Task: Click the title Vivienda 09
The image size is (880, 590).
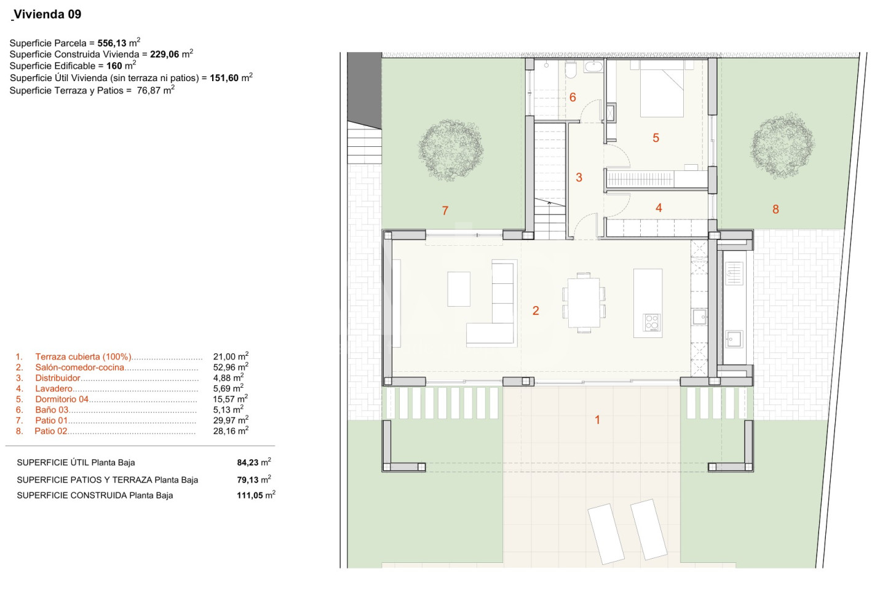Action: click(47, 15)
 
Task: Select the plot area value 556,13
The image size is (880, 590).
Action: click(112, 43)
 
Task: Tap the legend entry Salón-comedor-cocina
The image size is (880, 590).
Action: click(80, 368)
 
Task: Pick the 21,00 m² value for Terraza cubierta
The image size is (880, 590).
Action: click(231, 356)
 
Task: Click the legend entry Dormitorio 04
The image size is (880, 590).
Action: click(62, 399)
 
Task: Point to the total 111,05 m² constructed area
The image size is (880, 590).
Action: click(256, 495)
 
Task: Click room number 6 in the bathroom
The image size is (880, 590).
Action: click(573, 97)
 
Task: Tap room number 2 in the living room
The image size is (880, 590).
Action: click(536, 311)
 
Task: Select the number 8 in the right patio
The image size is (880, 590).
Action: click(775, 209)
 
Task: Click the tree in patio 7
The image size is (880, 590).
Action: click(451, 151)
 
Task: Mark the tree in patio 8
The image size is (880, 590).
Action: click(782, 146)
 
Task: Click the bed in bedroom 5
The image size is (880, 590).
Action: click(662, 88)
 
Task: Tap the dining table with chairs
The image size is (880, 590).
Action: click(584, 302)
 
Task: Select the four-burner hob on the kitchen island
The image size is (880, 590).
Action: click(652, 322)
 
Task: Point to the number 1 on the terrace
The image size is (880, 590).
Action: click(597, 420)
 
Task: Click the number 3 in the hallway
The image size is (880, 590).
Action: click(579, 178)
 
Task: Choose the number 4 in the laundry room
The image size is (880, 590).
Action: click(659, 208)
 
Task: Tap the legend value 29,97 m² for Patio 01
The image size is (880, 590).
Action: click(231, 420)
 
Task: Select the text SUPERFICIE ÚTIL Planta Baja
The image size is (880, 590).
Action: click(76, 463)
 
